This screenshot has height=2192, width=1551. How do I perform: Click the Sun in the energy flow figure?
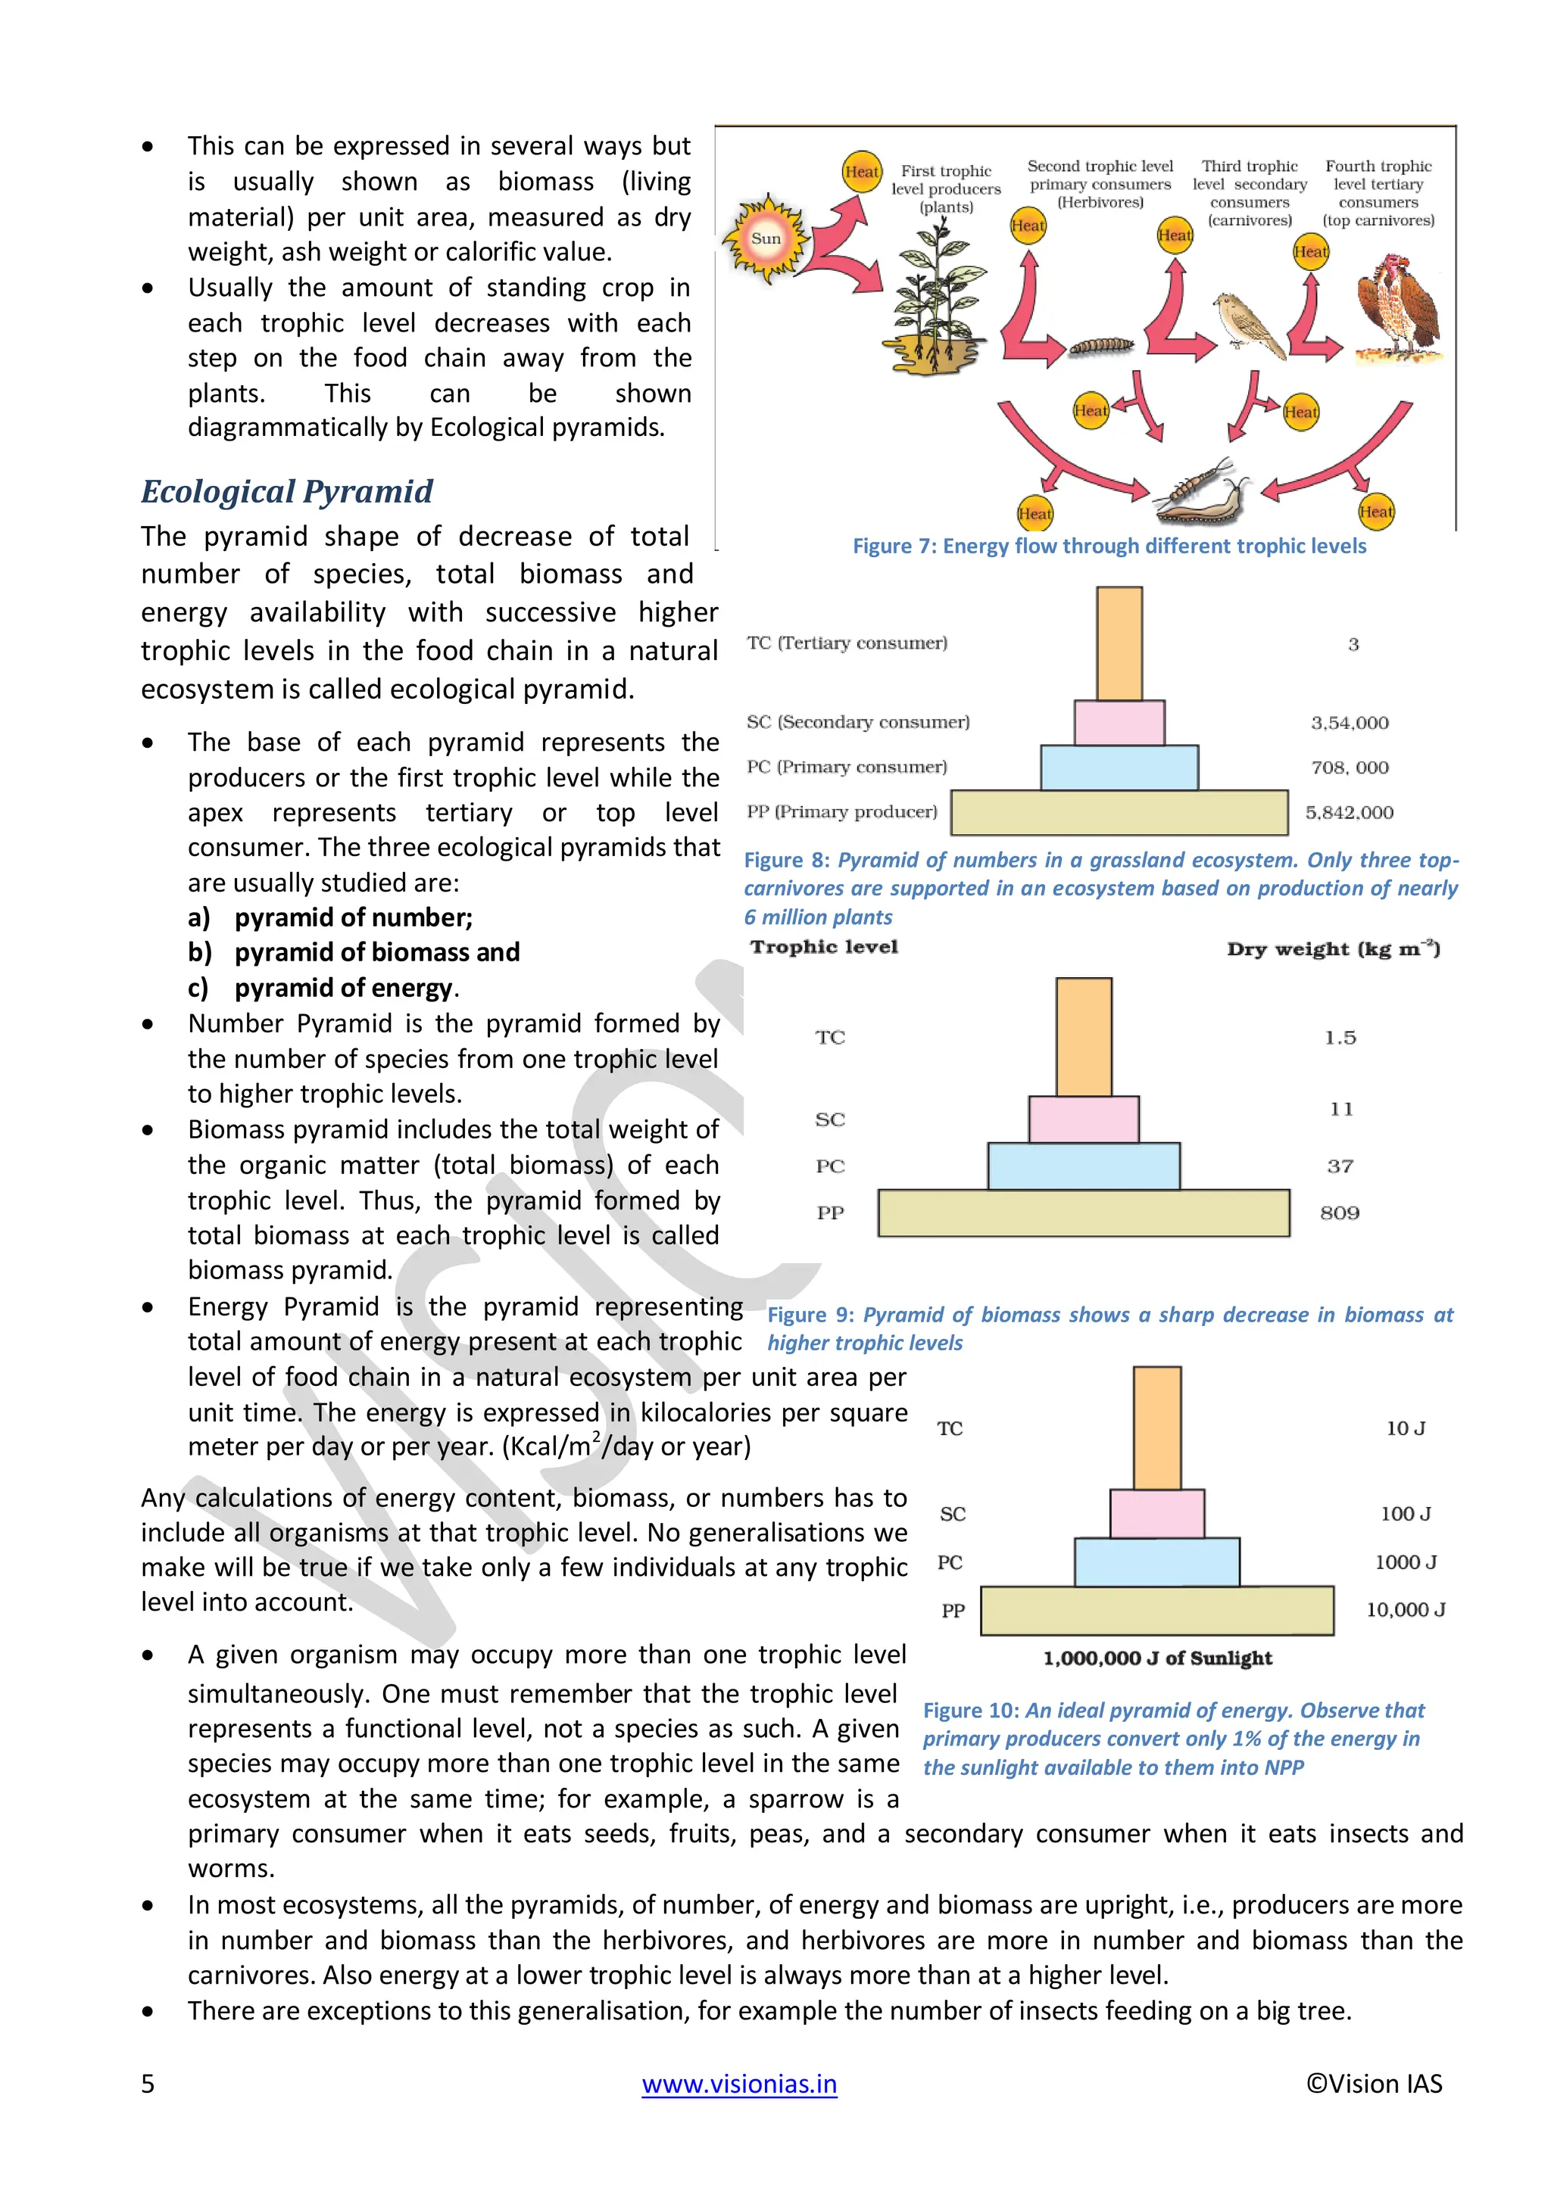click(766, 238)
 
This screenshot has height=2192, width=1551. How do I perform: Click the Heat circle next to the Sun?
click(861, 172)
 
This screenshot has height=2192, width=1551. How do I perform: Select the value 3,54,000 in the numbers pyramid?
click(1349, 723)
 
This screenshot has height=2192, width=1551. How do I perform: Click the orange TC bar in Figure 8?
click(1119, 643)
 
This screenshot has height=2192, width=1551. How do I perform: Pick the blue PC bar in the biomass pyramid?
click(1083, 1166)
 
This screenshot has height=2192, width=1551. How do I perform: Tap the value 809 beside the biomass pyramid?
click(1339, 1213)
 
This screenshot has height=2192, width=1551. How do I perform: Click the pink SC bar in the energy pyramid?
click(1156, 1513)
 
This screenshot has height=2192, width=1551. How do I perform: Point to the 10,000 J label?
click(1405, 1610)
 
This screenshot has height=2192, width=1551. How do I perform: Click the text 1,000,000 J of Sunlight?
click(1156, 1658)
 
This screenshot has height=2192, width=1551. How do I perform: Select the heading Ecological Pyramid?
click(286, 492)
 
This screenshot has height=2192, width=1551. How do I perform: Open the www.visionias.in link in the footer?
click(739, 2083)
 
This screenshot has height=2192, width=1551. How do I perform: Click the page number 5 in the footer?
click(148, 2083)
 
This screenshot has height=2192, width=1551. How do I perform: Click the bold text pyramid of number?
click(354, 917)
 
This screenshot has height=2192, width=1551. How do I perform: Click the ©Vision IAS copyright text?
click(1373, 2083)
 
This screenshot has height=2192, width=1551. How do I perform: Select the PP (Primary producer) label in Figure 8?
click(841, 811)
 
